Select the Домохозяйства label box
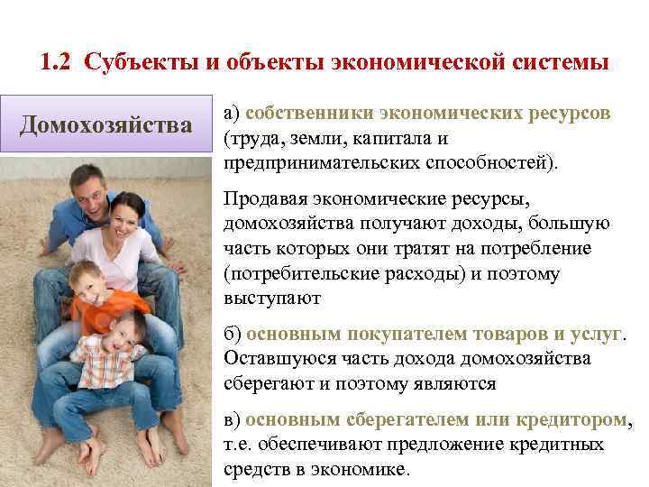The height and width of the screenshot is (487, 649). pos(106,123)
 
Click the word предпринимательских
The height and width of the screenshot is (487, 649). pos(307,164)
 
